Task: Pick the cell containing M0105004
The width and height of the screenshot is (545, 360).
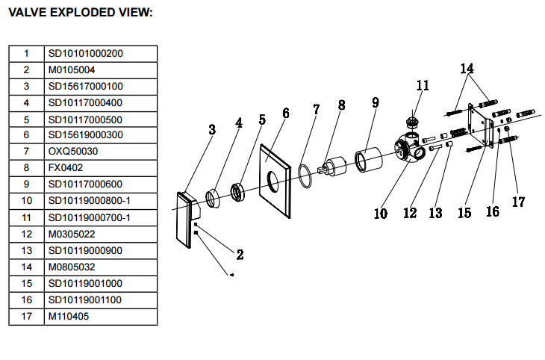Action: (72, 69)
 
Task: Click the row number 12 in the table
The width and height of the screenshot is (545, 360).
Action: (26, 234)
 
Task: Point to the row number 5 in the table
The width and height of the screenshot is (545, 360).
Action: (26, 119)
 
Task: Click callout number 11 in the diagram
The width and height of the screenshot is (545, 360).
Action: (423, 86)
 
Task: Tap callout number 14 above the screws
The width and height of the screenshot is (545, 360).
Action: (467, 69)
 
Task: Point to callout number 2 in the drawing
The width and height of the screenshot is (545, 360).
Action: (240, 254)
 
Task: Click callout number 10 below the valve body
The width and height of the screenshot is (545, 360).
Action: (381, 213)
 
